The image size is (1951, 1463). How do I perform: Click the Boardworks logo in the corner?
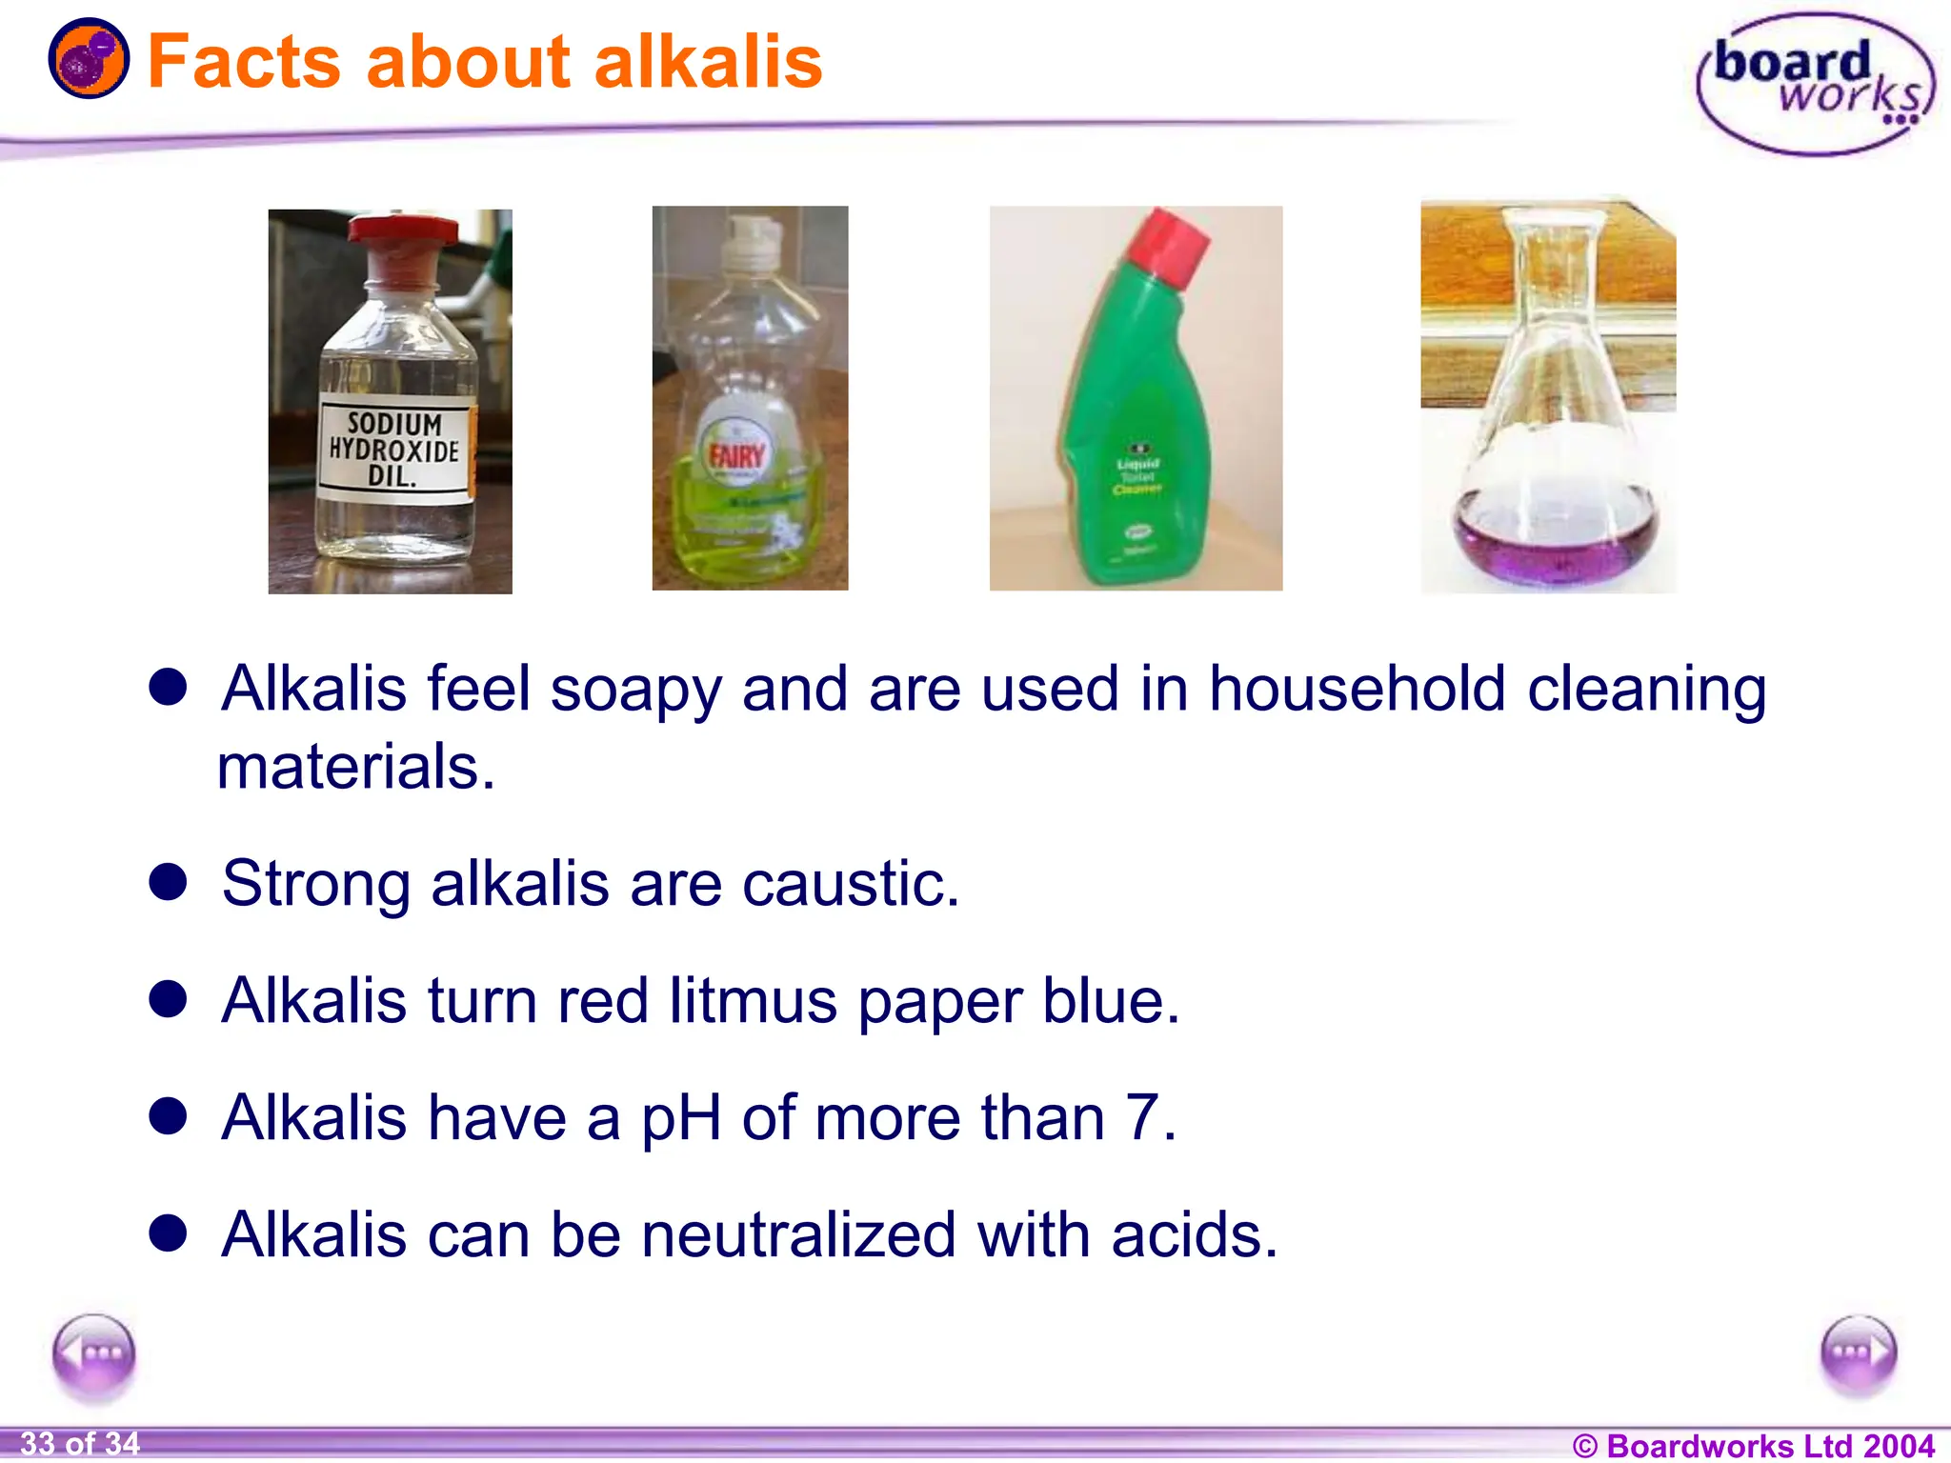click(x=1815, y=84)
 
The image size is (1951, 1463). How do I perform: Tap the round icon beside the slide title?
click(x=89, y=59)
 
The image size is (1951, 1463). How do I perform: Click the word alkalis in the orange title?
click(x=707, y=62)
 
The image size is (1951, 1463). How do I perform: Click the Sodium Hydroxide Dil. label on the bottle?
click(x=394, y=450)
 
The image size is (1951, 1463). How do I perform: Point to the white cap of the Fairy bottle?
click(x=749, y=244)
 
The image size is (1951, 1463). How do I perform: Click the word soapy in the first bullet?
click(x=635, y=689)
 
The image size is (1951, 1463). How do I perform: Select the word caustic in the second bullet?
click(x=850, y=884)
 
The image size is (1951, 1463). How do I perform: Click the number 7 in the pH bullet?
click(x=1143, y=1117)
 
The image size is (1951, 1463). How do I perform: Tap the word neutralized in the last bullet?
click(x=798, y=1235)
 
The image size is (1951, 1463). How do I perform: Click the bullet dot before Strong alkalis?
click(x=169, y=881)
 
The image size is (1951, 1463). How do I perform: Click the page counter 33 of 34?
click(x=80, y=1444)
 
